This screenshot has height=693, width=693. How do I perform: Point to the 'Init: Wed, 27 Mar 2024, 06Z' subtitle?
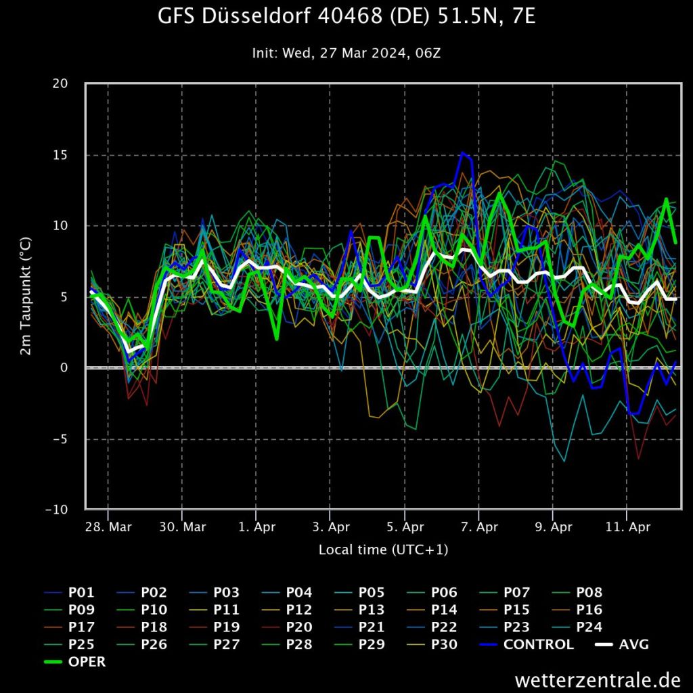(x=346, y=53)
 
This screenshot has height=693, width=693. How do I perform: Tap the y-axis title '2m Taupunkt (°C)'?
(x=26, y=296)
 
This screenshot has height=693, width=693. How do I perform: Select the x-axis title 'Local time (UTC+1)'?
(x=383, y=550)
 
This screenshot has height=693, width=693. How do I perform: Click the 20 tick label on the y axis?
(x=61, y=84)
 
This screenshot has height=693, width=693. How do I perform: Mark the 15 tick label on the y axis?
(x=61, y=155)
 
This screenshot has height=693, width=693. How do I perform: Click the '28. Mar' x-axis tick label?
(x=108, y=527)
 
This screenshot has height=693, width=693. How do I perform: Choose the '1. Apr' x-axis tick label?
(x=256, y=527)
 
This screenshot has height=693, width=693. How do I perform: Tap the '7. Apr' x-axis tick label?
(x=478, y=527)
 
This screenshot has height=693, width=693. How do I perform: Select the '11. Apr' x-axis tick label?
(x=627, y=527)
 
